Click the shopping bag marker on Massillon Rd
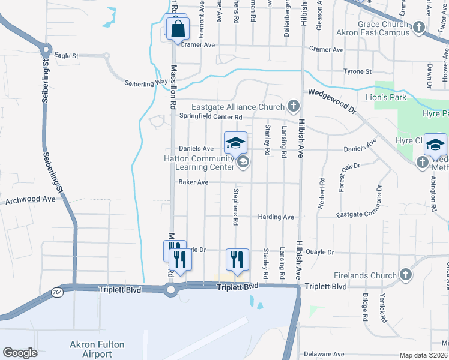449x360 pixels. point(179,29)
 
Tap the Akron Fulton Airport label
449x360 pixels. point(97,349)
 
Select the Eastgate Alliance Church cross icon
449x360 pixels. point(293,107)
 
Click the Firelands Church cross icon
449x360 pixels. point(405,275)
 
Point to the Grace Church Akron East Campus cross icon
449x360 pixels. point(418,28)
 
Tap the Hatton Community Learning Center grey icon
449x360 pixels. point(243,162)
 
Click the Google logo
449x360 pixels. point(20,352)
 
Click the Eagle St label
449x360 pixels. point(66,55)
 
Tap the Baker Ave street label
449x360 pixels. point(193,182)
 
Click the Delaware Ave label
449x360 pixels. point(324,354)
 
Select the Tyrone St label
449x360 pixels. point(357,71)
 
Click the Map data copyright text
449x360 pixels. point(424,355)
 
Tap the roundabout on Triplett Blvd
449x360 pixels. point(171,291)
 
